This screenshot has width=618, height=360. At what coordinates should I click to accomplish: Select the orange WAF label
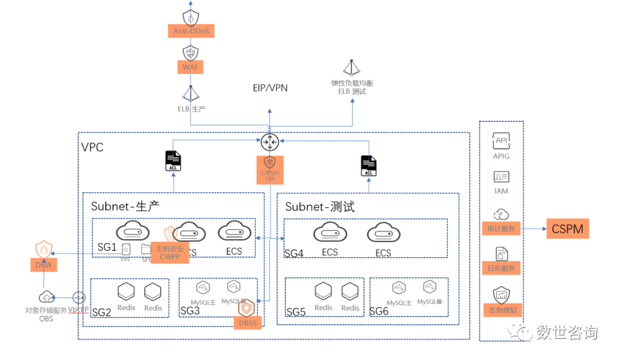[189, 67]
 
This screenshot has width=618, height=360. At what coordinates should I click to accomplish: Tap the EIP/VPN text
[270, 88]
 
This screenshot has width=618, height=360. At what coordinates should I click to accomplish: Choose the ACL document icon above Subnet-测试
[369, 165]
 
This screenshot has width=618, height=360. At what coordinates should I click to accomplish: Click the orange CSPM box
[567, 229]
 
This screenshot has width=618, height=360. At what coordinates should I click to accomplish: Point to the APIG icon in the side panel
[501, 141]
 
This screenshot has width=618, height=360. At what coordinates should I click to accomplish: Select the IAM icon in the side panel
[501, 177]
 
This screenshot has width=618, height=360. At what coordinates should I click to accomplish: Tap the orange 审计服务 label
[501, 229]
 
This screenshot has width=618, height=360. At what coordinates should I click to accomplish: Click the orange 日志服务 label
[501, 268]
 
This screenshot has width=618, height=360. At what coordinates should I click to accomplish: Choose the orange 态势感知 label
[501, 310]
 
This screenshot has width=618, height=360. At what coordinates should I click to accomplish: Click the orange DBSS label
[247, 323]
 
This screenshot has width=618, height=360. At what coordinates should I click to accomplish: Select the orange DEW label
[43, 265]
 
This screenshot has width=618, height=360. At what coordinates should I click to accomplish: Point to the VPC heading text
[92, 147]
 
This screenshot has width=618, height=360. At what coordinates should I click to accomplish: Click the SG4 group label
[294, 252]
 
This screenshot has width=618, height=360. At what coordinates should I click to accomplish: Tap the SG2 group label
[101, 312]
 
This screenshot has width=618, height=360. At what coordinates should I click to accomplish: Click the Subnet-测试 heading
[320, 207]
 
